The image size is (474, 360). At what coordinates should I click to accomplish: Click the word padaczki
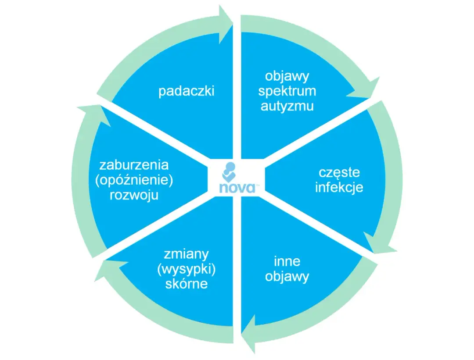[187, 92]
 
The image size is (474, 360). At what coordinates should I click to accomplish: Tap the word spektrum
[287, 91]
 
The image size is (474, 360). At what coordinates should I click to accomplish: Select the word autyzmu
[287, 106]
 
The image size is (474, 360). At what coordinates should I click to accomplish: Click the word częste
[339, 173]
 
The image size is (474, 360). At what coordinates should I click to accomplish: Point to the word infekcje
[339, 188]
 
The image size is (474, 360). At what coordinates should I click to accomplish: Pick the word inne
[287, 261]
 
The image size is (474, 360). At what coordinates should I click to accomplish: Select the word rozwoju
[134, 195]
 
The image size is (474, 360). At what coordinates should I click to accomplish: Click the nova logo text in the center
[237, 188]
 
